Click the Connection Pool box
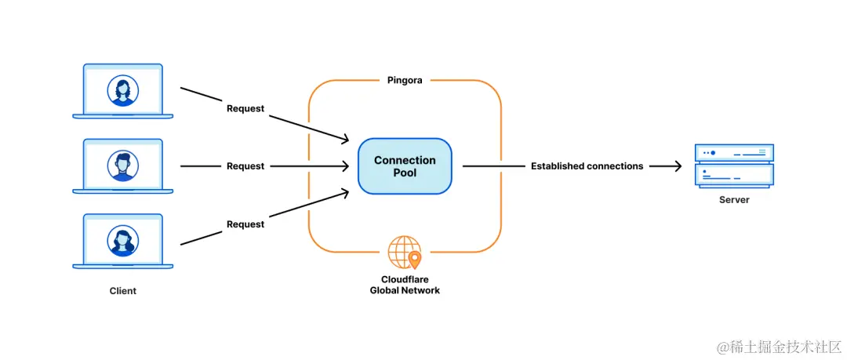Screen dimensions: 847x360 405,166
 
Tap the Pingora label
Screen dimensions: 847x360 405,81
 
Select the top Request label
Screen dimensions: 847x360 245,109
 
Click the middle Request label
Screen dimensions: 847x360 245,166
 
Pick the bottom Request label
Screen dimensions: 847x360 245,224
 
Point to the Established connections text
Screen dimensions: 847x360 587,166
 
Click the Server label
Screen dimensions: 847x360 734,200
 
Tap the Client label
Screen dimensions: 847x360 123,291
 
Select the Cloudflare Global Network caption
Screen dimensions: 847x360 405,285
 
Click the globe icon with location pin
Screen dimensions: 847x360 405,253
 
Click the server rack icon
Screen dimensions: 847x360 734,166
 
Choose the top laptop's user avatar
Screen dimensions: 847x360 123,90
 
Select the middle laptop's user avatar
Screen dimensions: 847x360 123,165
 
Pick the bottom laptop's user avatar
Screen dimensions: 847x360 123,241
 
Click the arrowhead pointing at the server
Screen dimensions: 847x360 676,166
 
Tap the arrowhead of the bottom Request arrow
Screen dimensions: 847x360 344,192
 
